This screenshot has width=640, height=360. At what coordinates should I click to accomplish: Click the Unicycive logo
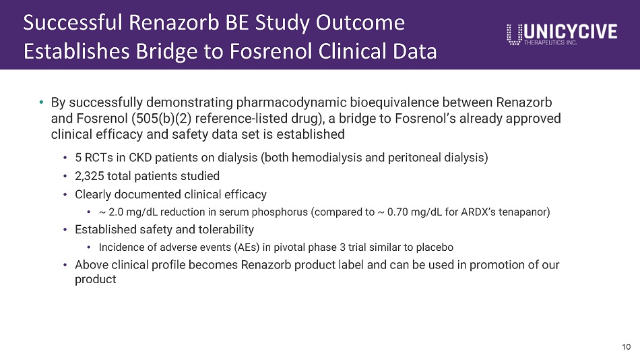click(562, 34)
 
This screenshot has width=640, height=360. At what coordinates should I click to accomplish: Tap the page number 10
click(626, 347)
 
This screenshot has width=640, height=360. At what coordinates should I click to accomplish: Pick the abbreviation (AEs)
click(247, 247)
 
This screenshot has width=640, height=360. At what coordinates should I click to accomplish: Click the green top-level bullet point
click(41, 102)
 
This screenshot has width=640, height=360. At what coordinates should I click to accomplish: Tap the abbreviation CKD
click(140, 158)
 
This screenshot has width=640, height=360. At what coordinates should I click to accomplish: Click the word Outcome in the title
click(360, 22)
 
